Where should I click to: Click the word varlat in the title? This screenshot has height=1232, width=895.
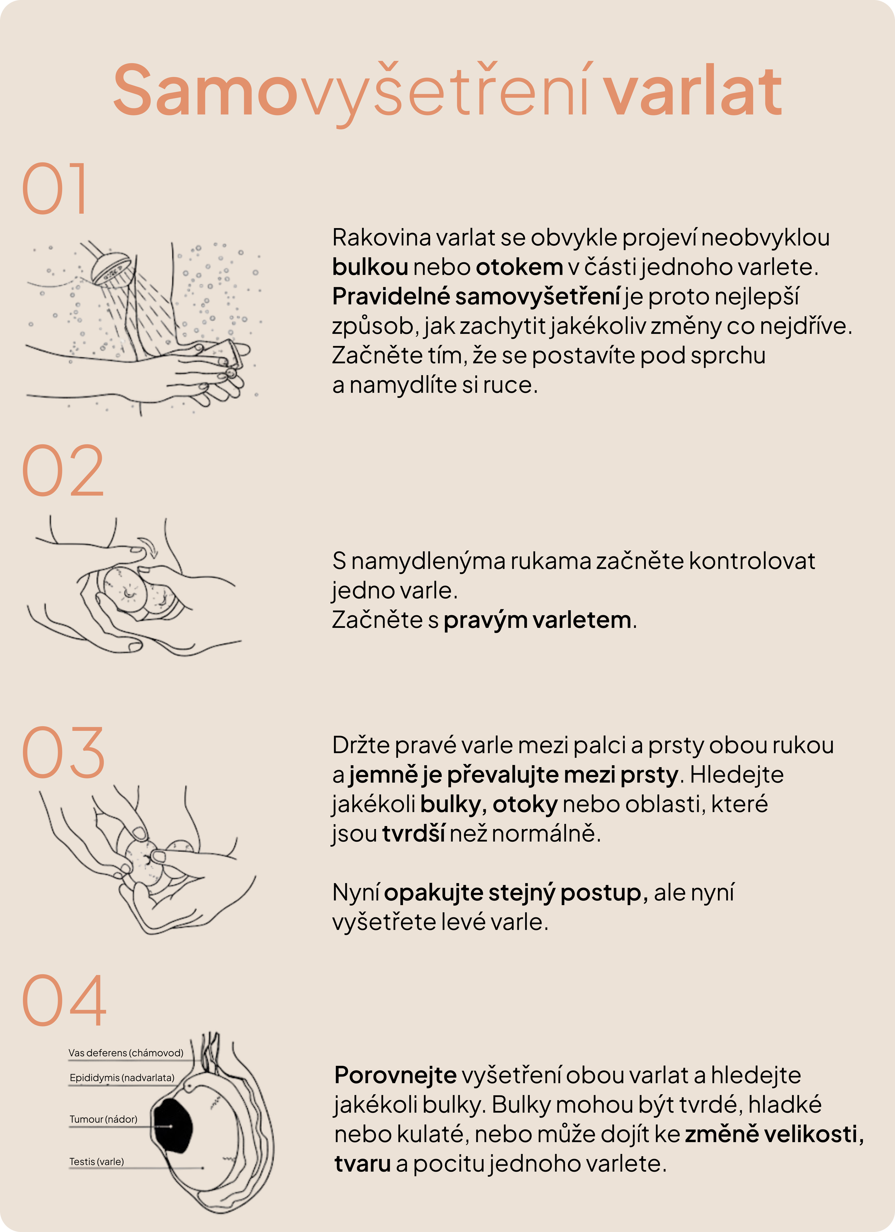pyautogui.click(x=693, y=91)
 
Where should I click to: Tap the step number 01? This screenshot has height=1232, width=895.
pyautogui.click(x=54, y=188)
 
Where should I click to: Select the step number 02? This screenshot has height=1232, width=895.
pyautogui.click(x=63, y=470)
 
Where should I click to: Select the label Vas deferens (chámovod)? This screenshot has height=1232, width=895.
pyautogui.click(x=126, y=1053)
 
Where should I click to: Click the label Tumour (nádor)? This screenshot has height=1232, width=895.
pyautogui.click(x=103, y=1119)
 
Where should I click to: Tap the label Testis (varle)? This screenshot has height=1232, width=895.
pyautogui.click(x=97, y=1161)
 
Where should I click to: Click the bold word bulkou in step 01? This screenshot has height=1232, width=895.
pyautogui.click(x=370, y=267)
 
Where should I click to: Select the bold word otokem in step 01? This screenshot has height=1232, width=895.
pyautogui.click(x=519, y=267)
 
